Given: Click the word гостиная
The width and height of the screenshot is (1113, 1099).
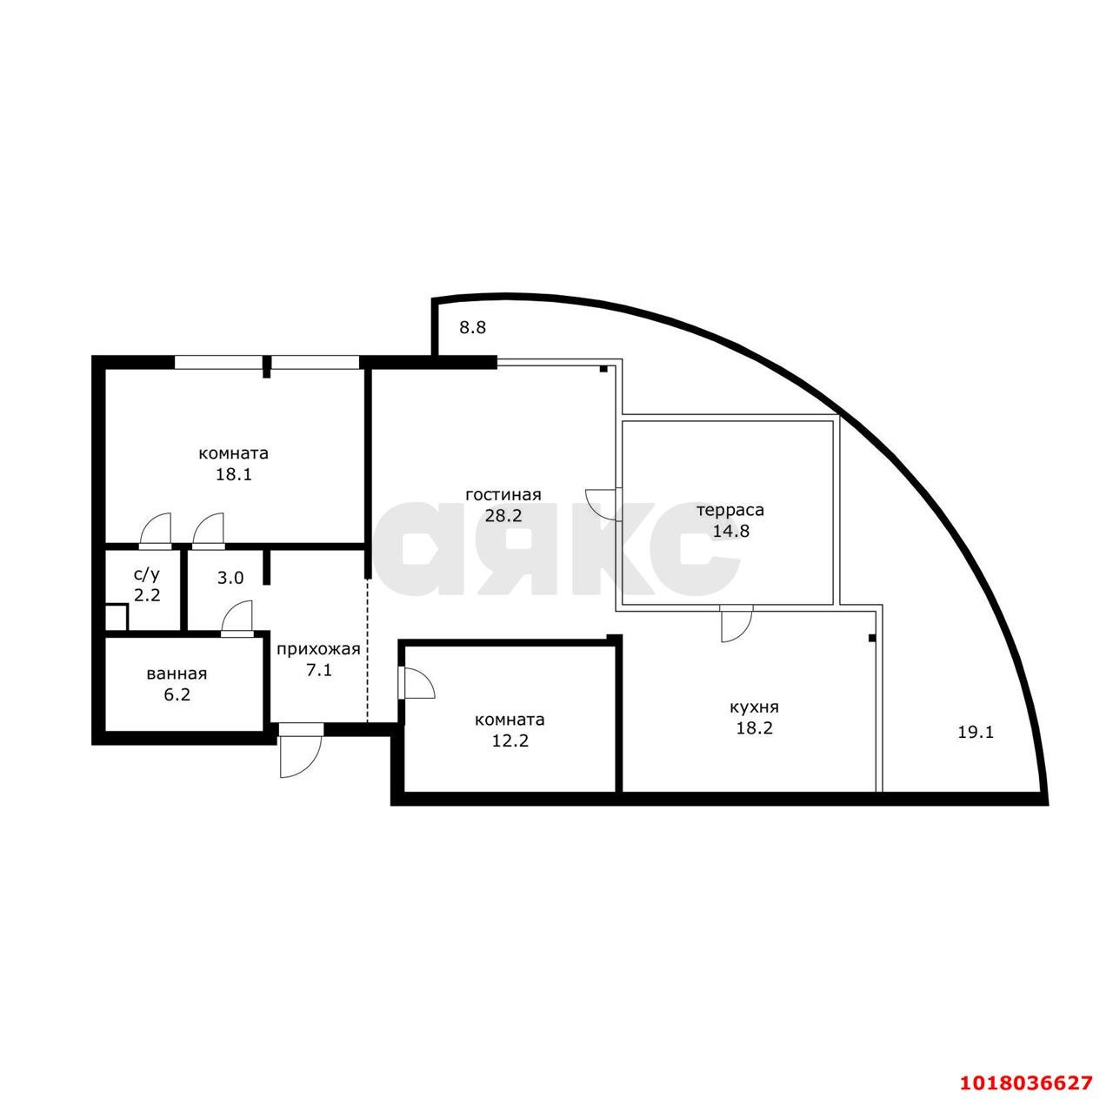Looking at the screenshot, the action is coord(503,495).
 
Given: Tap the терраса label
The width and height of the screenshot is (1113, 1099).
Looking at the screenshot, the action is coord(730,511).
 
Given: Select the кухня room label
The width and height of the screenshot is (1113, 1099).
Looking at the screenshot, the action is coord(755,707).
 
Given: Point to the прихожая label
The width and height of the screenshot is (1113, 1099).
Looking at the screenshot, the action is coord(318,649).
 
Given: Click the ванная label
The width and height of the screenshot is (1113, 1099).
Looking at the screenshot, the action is coord(177,673).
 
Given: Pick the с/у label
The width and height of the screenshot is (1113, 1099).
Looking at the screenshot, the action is coord(147,574).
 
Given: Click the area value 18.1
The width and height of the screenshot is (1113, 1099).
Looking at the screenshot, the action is coord(233,474).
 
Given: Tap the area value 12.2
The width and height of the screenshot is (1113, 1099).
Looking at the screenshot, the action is coord(510,740).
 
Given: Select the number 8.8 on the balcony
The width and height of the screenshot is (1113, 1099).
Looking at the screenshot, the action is coord(472,328).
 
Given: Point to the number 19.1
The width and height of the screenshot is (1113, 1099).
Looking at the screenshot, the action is coord(976,733).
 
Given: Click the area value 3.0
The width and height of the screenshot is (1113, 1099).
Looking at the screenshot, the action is coord(230,578).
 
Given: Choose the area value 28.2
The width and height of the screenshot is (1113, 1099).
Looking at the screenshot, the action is coord(503,516).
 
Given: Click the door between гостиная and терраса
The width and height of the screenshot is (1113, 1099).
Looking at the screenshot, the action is coord(604,504).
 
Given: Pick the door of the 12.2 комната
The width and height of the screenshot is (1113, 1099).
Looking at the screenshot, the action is coord(416,683).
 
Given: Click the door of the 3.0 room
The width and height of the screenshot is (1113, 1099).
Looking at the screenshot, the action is coord(237,619).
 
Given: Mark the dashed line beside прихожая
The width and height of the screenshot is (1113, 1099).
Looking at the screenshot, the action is coord(367,650).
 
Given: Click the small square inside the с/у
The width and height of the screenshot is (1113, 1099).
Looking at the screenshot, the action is coord(117,618).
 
